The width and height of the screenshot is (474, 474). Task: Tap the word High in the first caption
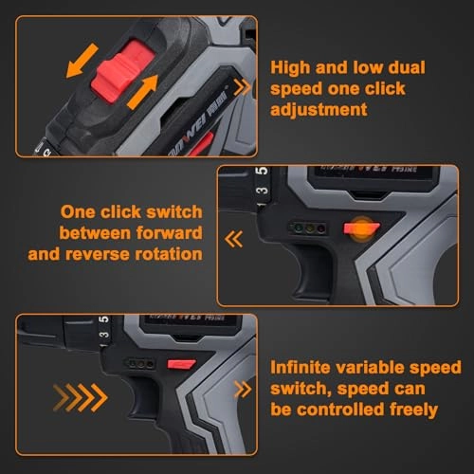pos(292,67)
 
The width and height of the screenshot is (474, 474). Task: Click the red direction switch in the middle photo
pos(357,228)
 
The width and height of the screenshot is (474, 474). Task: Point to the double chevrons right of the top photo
pos(244,87)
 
